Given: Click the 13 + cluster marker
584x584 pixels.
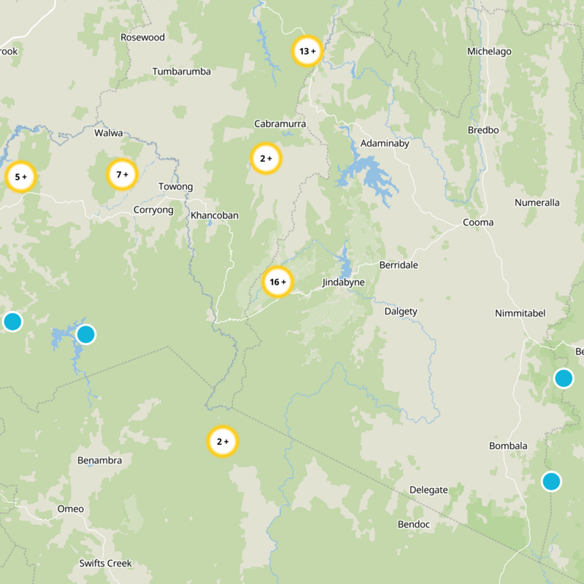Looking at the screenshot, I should pyautogui.click(x=307, y=51).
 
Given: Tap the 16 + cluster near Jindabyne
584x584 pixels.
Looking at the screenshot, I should pyautogui.click(x=277, y=282).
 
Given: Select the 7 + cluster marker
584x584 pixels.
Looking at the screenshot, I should pyautogui.click(x=122, y=174).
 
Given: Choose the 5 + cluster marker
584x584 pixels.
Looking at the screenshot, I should pyautogui.click(x=20, y=177).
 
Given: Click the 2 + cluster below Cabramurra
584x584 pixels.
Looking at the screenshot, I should pyautogui.click(x=266, y=158).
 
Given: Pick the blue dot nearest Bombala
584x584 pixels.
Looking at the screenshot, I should pyautogui.click(x=551, y=481).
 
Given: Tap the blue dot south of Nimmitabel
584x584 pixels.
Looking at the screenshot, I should pyautogui.click(x=563, y=378).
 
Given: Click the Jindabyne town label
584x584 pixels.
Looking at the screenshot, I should pyautogui.click(x=343, y=283).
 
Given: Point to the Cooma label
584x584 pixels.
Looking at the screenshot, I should pyautogui.click(x=478, y=223).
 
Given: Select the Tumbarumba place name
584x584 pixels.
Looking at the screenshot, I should pyautogui.click(x=182, y=72).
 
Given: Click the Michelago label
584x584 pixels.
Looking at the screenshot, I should pyautogui.click(x=489, y=52).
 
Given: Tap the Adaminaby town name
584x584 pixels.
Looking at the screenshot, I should pyautogui.click(x=385, y=144).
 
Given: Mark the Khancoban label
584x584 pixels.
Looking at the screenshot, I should pyautogui.click(x=214, y=215).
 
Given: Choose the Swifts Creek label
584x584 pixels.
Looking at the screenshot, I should pyautogui.click(x=106, y=564).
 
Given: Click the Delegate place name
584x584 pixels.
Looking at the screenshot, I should pyautogui.click(x=429, y=490).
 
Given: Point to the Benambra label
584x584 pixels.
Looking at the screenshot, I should pyautogui.click(x=99, y=461).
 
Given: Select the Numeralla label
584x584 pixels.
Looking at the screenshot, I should pyautogui.click(x=537, y=203).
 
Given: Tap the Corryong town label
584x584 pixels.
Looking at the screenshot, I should pyautogui.click(x=153, y=210).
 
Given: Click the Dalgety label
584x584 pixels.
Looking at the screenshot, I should pyautogui.click(x=401, y=312).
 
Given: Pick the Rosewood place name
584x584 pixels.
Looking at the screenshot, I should pyautogui.click(x=143, y=37).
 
